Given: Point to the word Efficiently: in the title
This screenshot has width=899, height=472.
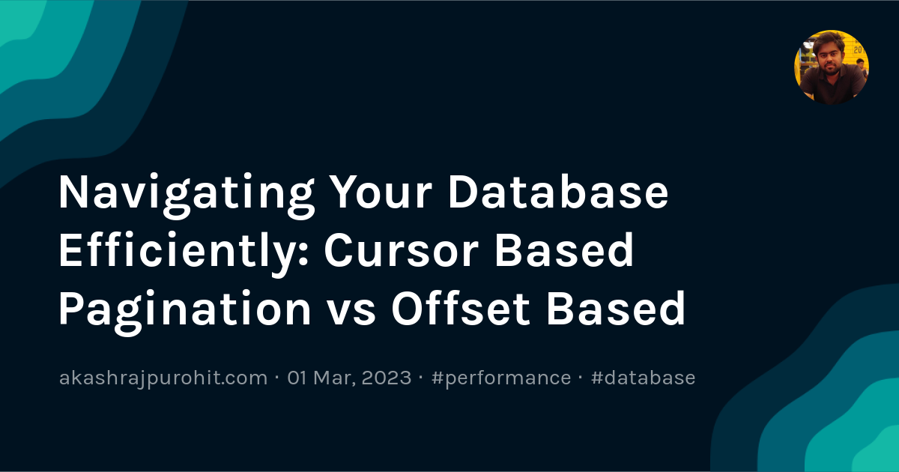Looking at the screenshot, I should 182,251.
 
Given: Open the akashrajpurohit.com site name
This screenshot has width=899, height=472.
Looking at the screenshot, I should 163,378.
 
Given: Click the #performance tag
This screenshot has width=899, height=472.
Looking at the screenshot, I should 501,378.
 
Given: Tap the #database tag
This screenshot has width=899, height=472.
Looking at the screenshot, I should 643,378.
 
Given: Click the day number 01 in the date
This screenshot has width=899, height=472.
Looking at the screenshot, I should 298,378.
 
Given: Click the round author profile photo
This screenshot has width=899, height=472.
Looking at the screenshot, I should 831,67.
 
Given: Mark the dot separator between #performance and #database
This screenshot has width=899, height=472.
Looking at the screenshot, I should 581,378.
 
